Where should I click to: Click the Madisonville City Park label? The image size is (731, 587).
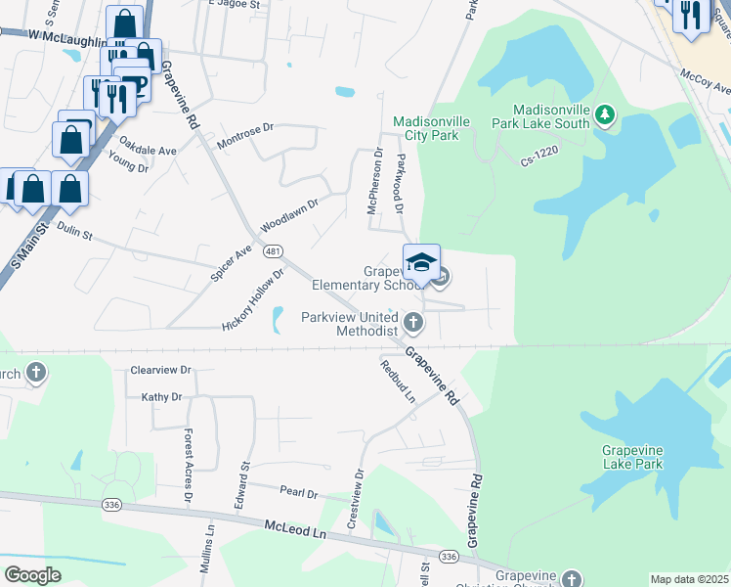pos(425,128)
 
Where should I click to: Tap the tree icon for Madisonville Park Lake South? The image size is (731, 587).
pos(605,116)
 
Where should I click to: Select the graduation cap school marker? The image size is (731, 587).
pos(421,263)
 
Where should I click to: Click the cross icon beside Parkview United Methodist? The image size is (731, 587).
pos(413,322)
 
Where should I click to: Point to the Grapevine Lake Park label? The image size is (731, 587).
pos(632,457)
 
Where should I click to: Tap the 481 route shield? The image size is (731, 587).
pos(273,251)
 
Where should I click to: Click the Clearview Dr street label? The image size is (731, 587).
pos(160,371)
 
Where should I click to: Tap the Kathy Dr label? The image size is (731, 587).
pos(162,397)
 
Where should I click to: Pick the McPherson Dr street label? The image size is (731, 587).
pos(372,180)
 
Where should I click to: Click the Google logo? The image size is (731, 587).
pos(33,575)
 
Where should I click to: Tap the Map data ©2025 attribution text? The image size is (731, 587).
pos(688,579)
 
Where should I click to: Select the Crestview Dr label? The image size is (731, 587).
pos(356,500)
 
